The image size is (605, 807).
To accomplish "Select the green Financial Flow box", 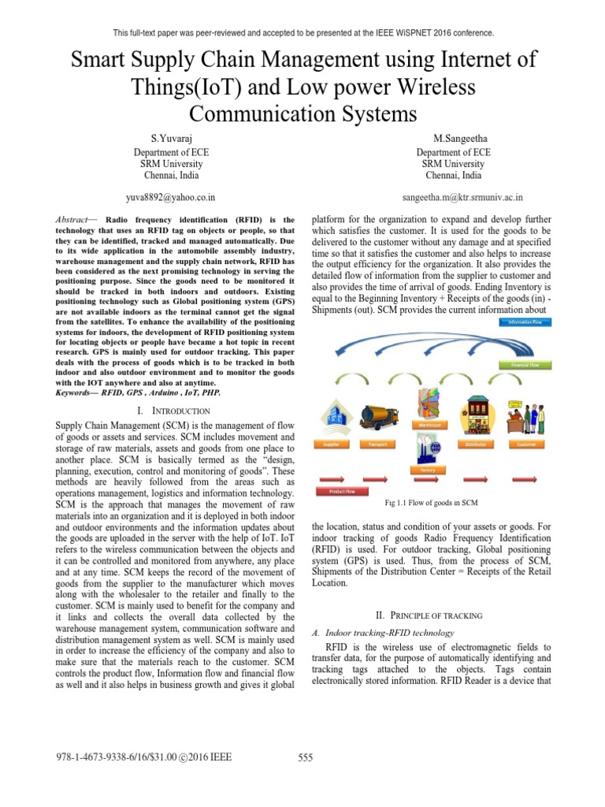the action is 526,365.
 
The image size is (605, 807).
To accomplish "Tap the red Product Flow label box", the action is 338,491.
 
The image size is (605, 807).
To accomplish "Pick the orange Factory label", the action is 428,470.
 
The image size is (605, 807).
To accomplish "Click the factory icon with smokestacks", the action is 428,451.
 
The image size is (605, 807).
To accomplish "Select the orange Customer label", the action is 526,444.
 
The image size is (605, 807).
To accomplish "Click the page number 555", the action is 306,758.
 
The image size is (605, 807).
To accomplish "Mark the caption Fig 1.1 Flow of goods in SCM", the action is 432,503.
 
